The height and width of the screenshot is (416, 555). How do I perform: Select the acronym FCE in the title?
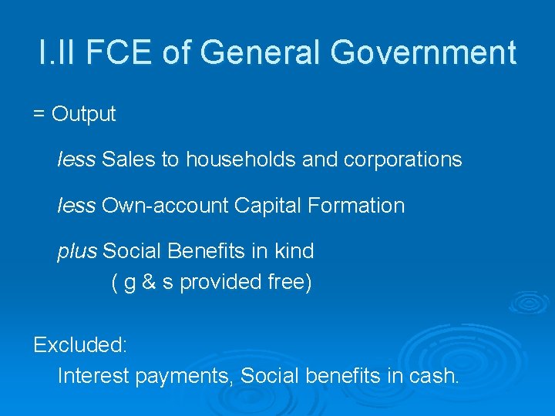(119, 53)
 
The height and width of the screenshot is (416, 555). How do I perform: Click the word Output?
(84, 115)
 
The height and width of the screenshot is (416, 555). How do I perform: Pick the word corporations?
(402, 159)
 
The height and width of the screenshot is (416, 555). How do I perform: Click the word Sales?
(129, 159)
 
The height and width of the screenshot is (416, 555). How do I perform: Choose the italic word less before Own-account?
(76, 206)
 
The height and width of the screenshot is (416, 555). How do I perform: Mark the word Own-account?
(165, 206)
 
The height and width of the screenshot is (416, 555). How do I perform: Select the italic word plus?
(77, 252)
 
